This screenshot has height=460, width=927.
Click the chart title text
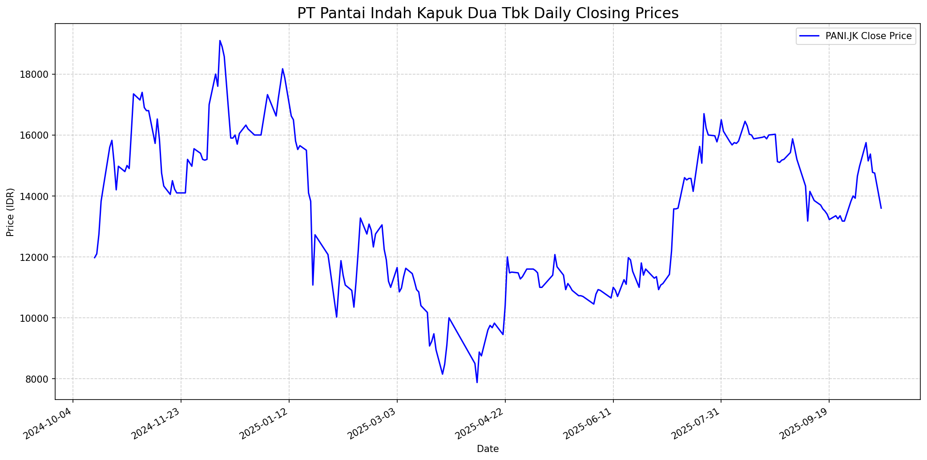click(488, 13)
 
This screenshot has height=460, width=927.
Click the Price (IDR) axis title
click(11, 212)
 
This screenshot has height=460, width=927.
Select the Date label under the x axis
click(488, 449)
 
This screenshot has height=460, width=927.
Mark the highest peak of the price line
click(220, 40)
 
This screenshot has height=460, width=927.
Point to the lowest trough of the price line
click(477, 382)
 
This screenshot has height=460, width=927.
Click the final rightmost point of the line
click(881, 208)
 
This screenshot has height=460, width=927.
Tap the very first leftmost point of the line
click(94, 258)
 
